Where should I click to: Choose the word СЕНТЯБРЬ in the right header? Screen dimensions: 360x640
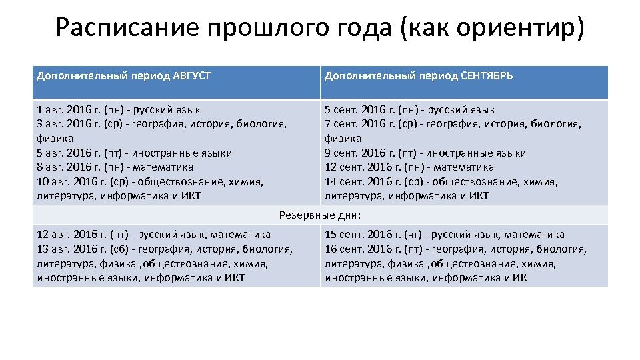point(487,76)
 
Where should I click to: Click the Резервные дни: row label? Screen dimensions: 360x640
point(320,215)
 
